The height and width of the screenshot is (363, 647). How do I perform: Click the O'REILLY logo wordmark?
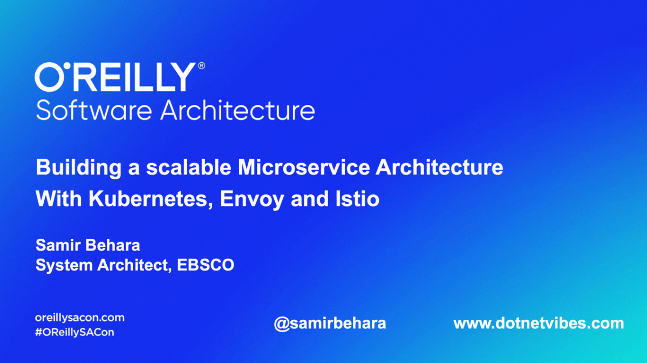pos(115,78)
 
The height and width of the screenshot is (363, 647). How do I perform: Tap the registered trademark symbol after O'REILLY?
pos(202,66)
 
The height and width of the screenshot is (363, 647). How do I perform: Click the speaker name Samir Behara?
pos(87,245)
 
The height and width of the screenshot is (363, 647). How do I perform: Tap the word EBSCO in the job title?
pos(213,265)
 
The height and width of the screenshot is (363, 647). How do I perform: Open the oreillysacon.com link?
pos(79,318)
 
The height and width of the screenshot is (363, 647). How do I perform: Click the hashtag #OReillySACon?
pos(74,332)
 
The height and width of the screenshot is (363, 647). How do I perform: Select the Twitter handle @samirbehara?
pos(330,324)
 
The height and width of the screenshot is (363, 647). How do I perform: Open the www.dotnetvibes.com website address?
pos(538,324)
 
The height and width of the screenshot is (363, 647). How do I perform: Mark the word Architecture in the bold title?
pos(439,167)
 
